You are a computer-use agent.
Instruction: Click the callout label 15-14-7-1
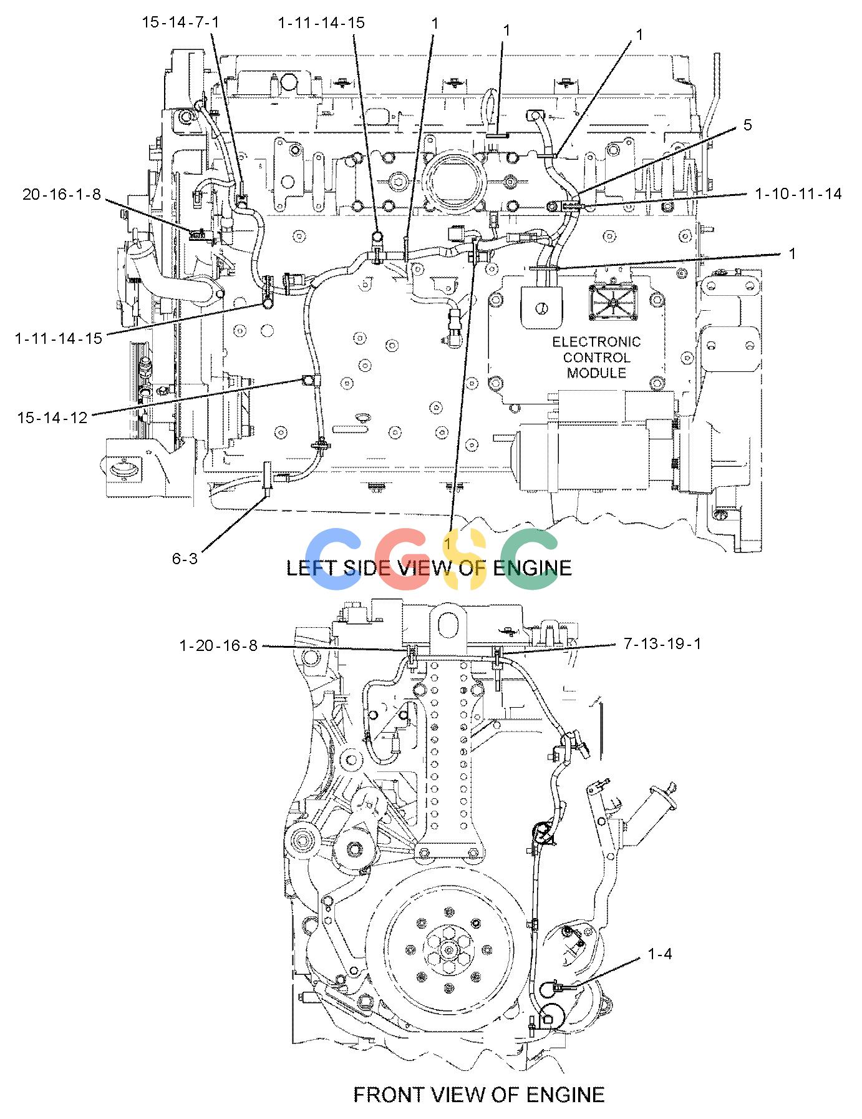(181, 22)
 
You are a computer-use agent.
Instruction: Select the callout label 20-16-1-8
(61, 194)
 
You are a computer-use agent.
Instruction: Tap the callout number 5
(747, 125)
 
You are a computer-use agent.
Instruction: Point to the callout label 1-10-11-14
(798, 194)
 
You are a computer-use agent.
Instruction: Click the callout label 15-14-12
(52, 418)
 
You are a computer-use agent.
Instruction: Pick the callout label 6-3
(185, 558)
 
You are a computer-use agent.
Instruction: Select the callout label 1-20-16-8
(218, 645)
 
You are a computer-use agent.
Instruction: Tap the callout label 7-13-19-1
(662, 643)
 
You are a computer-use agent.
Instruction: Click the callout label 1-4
(660, 954)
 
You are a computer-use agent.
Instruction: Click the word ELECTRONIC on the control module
(596, 342)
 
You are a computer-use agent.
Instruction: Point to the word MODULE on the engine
(596, 373)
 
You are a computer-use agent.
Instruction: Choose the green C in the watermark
(532, 559)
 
